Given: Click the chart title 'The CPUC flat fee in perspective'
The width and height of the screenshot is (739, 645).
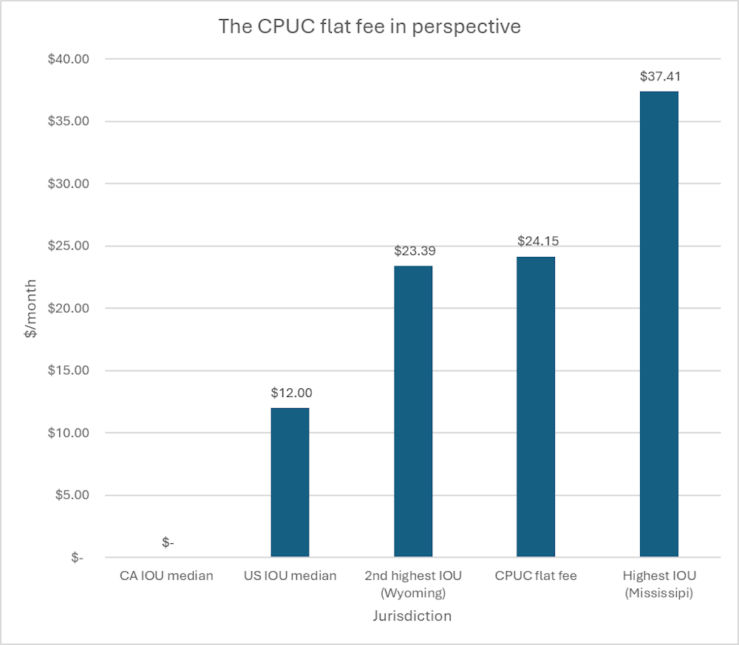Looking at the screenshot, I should pyautogui.click(x=369, y=27).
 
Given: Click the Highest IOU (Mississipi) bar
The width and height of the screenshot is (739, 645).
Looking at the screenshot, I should pyautogui.click(x=659, y=324).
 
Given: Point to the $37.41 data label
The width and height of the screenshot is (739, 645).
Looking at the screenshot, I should pyautogui.click(x=659, y=75).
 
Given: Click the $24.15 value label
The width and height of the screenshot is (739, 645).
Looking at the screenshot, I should pyautogui.click(x=536, y=241).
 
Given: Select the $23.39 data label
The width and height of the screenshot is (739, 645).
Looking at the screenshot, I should pyautogui.click(x=413, y=250).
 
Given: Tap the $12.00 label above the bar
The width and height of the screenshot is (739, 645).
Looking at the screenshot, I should pyautogui.click(x=290, y=393).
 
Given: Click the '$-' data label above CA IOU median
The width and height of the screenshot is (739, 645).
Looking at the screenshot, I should pyautogui.click(x=168, y=542).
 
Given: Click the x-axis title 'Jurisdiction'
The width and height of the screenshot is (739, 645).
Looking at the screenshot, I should pyautogui.click(x=413, y=615).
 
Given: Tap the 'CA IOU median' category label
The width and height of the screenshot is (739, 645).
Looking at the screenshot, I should pyautogui.click(x=167, y=576).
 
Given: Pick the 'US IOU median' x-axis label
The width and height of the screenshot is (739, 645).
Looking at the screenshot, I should pyautogui.click(x=290, y=576).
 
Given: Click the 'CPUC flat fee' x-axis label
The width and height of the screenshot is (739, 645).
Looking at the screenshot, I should pyautogui.click(x=536, y=576).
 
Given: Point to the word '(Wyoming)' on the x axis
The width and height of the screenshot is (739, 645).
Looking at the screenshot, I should pyautogui.click(x=413, y=593).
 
